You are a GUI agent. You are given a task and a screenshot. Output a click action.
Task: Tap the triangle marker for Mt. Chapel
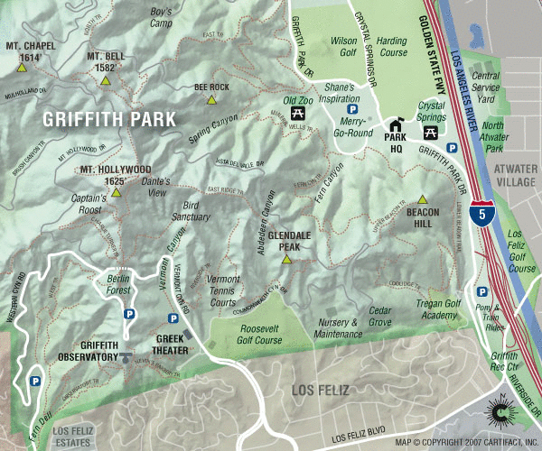pos(22,67)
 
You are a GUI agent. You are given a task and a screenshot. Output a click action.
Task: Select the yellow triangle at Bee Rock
pos(211,99)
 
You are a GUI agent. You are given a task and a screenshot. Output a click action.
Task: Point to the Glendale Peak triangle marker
pos(286,259)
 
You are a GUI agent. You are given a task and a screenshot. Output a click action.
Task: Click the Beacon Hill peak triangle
pos(421,198)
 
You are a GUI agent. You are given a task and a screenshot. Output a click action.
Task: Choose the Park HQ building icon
pos(395,125)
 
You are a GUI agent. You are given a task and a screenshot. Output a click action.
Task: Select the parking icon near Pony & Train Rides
pos(482,292)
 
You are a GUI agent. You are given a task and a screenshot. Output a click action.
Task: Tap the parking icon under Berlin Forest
pos(128,314)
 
